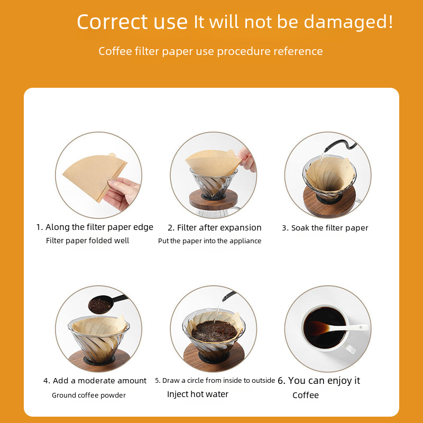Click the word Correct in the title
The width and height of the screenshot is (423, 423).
112,22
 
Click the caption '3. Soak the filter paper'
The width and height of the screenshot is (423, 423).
325,228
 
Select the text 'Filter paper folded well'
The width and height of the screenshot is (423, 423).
87,241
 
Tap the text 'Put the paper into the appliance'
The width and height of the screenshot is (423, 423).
209,241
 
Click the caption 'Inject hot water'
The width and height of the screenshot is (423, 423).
198,394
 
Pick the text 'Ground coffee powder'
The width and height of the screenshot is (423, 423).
89,395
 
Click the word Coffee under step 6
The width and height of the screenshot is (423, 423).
306,395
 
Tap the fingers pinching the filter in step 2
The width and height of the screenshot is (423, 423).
247,160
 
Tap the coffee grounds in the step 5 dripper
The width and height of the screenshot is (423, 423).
215,331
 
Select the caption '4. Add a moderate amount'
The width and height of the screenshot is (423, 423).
95,381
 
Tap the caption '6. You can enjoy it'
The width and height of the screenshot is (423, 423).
319,381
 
